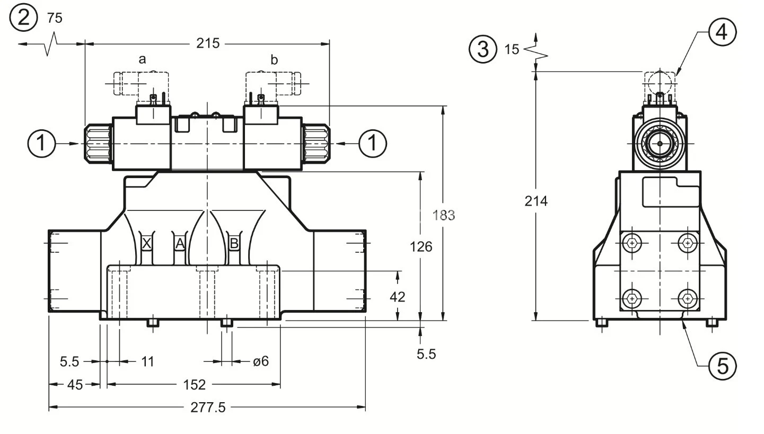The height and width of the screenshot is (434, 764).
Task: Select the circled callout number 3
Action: point(483,49)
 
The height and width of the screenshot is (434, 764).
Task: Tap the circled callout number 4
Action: point(722,32)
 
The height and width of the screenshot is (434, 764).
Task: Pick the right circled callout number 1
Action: point(373,144)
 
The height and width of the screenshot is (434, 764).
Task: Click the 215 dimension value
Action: point(208,43)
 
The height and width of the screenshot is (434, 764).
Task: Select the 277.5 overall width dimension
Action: point(208,407)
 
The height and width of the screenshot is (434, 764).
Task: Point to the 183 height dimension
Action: point(444,215)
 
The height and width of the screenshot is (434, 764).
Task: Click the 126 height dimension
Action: point(421,246)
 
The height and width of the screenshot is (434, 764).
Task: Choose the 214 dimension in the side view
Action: point(536,201)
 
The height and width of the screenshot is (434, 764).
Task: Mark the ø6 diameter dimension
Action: point(260,361)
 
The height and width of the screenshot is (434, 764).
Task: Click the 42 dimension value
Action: point(397,296)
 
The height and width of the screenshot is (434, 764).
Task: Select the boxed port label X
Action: point(147,244)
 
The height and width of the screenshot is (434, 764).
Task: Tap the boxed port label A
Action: point(180,244)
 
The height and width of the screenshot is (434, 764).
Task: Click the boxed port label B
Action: point(233,244)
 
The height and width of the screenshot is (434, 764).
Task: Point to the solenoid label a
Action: point(142,59)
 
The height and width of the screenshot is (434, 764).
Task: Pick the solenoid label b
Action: point(274,59)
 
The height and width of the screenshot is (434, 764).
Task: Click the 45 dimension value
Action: point(75,384)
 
